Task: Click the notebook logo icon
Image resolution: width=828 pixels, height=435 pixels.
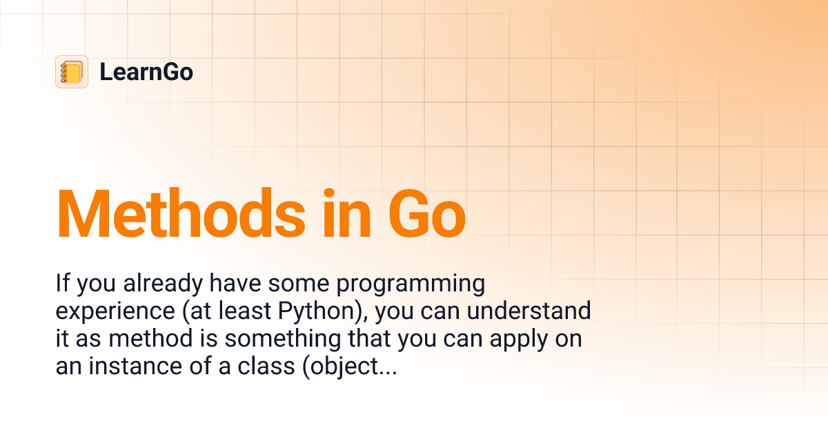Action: pyautogui.click(x=72, y=72)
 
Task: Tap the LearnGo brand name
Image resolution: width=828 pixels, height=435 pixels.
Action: pyautogui.click(x=146, y=72)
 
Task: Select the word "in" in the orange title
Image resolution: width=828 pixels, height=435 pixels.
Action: pyautogui.click(x=343, y=214)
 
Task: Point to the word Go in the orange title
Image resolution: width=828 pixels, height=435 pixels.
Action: pyautogui.click(x=426, y=214)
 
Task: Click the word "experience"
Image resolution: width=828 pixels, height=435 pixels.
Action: pyautogui.click(x=116, y=311)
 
